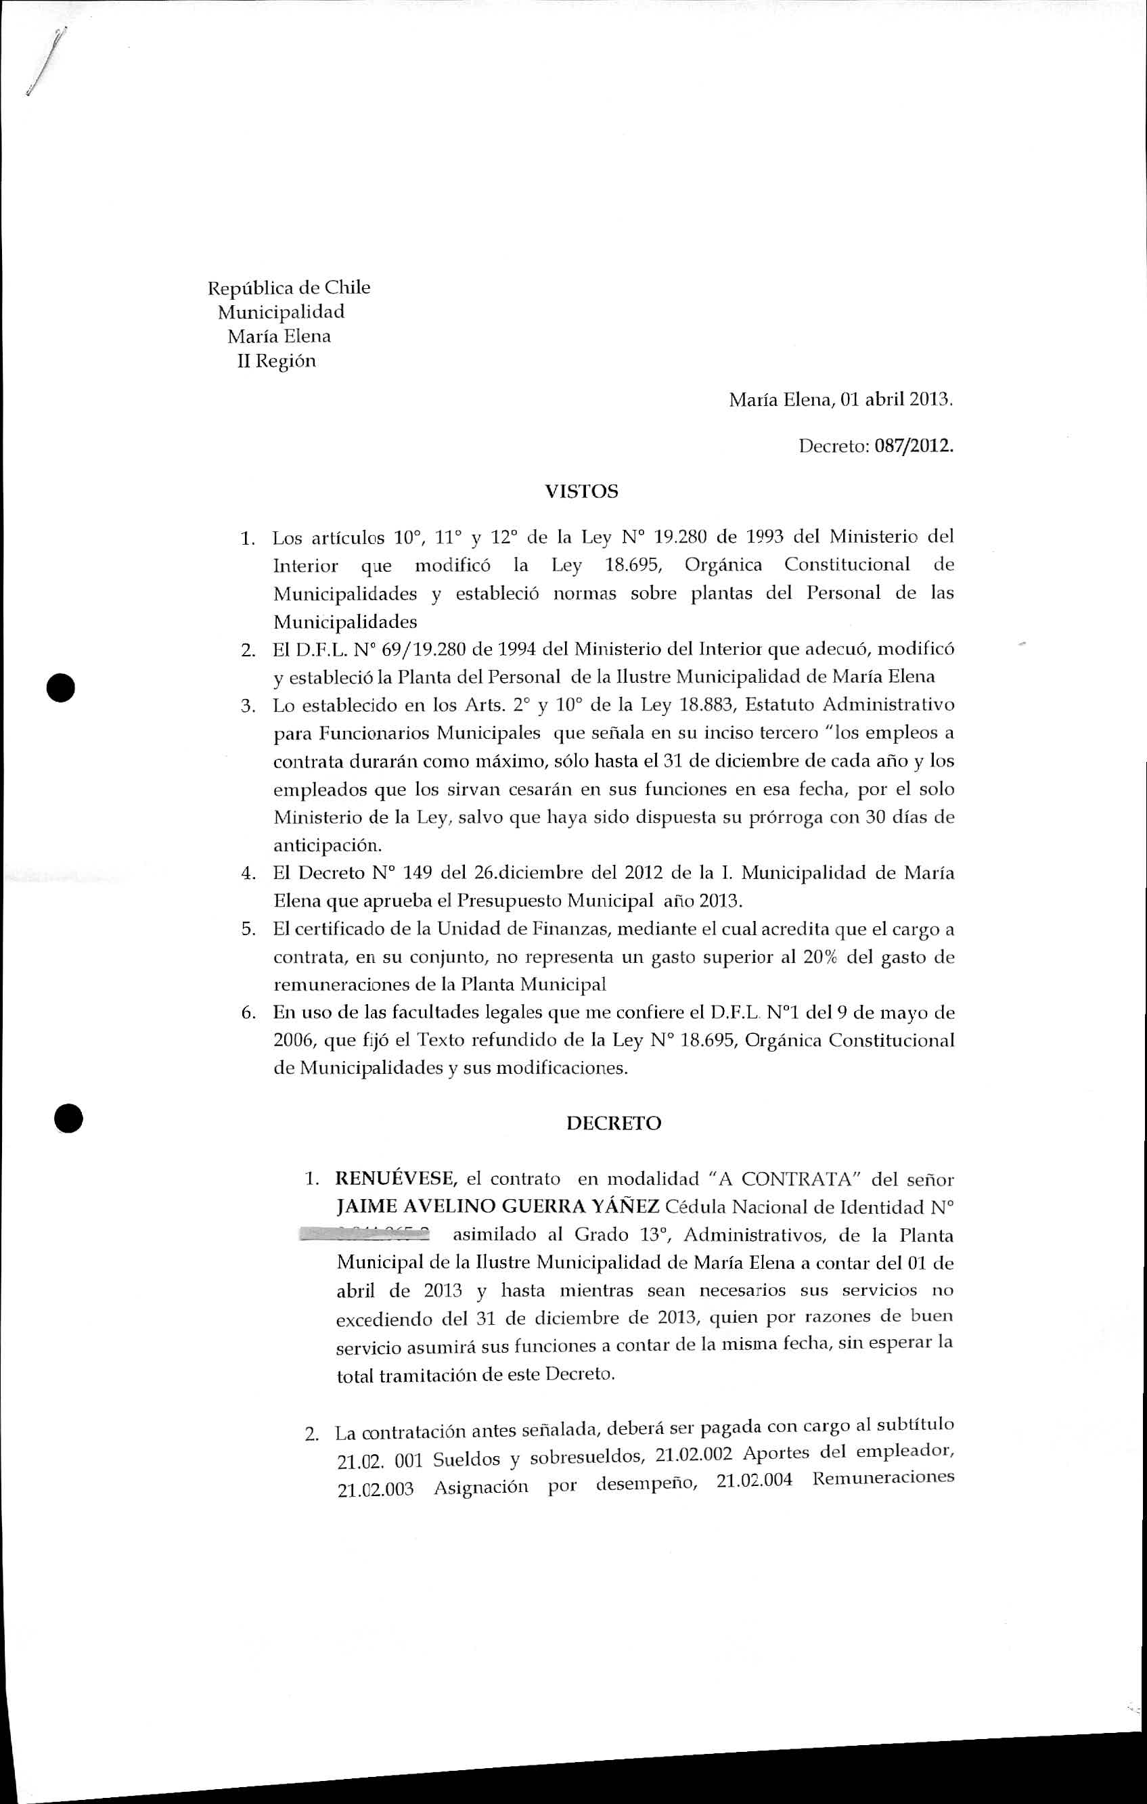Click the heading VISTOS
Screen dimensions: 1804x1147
point(581,492)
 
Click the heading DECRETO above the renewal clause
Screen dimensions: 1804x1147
point(614,1124)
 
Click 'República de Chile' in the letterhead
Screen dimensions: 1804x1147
point(288,288)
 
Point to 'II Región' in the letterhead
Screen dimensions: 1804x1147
point(277,361)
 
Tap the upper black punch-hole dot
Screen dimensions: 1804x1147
point(61,687)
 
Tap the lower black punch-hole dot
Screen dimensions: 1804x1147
point(68,1119)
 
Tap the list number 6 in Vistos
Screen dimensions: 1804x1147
point(247,1013)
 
